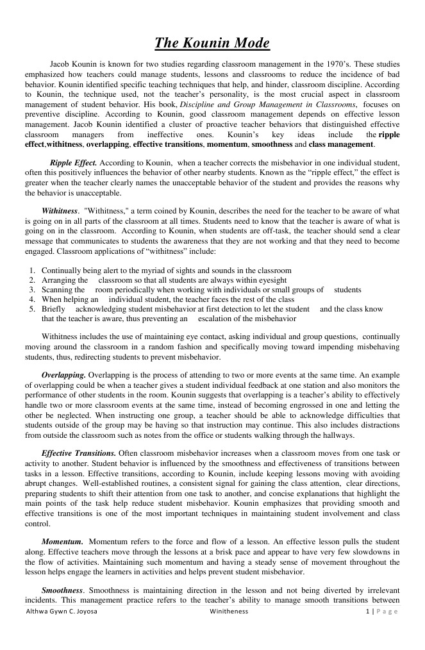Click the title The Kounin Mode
[x=212, y=44]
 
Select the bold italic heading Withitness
[x=60, y=210]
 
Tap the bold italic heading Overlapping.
[x=63, y=374]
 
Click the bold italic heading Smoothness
[x=62, y=589]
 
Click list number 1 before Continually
[x=32, y=271]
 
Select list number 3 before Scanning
[x=32, y=290]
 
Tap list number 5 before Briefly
[x=32, y=308]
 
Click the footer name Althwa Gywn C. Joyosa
[x=61, y=612]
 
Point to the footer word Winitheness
[x=228, y=612]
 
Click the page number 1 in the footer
[x=367, y=612]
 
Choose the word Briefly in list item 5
[x=54, y=308]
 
